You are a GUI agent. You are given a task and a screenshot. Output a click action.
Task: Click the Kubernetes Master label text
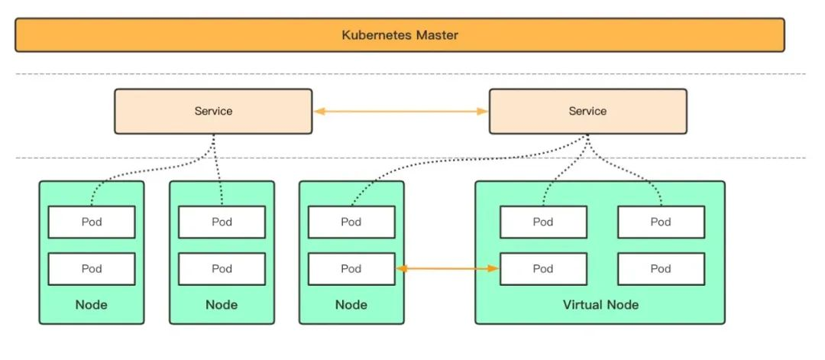(x=400, y=35)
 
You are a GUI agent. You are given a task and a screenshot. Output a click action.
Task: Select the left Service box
(x=213, y=112)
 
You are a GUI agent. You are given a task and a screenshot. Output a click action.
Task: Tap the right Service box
(x=587, y=112)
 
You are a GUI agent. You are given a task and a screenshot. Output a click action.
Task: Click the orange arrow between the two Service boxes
(x=400, y=112)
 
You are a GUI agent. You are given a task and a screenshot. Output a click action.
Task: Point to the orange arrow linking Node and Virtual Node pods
(x=447, y=269)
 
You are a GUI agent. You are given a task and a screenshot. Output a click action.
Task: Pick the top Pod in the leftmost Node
(x=92, y=222)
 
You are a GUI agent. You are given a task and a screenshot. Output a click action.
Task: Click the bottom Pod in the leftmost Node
(x=92, y=269)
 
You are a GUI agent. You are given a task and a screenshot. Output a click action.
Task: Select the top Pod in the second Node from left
(x=222, y=222)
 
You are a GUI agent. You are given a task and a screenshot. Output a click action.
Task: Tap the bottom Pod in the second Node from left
(x=222, y=269)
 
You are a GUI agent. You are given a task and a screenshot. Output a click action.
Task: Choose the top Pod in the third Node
(x=351, y=222)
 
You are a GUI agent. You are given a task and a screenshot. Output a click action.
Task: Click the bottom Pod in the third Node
(x=351, y=269)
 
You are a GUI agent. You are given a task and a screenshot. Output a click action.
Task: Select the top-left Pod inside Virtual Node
(x=543, y=222)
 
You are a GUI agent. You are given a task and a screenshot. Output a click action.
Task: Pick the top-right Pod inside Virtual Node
(x=661, y=222)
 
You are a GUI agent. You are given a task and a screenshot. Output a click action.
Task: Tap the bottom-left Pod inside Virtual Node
(x=543, y=269)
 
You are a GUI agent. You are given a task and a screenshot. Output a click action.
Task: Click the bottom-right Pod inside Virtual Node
(x=661, y=269)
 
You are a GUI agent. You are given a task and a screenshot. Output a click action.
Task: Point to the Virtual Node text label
(x=600, y=305)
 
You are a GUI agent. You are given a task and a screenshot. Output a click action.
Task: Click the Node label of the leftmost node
(x=92, y=305)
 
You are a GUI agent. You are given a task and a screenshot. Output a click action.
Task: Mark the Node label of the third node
(x=351, y=305)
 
